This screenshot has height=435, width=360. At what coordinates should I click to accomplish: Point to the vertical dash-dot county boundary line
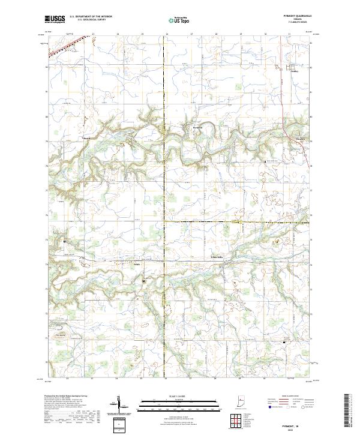[165, 180]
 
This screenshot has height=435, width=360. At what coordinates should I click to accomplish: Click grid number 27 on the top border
[191, 35]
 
